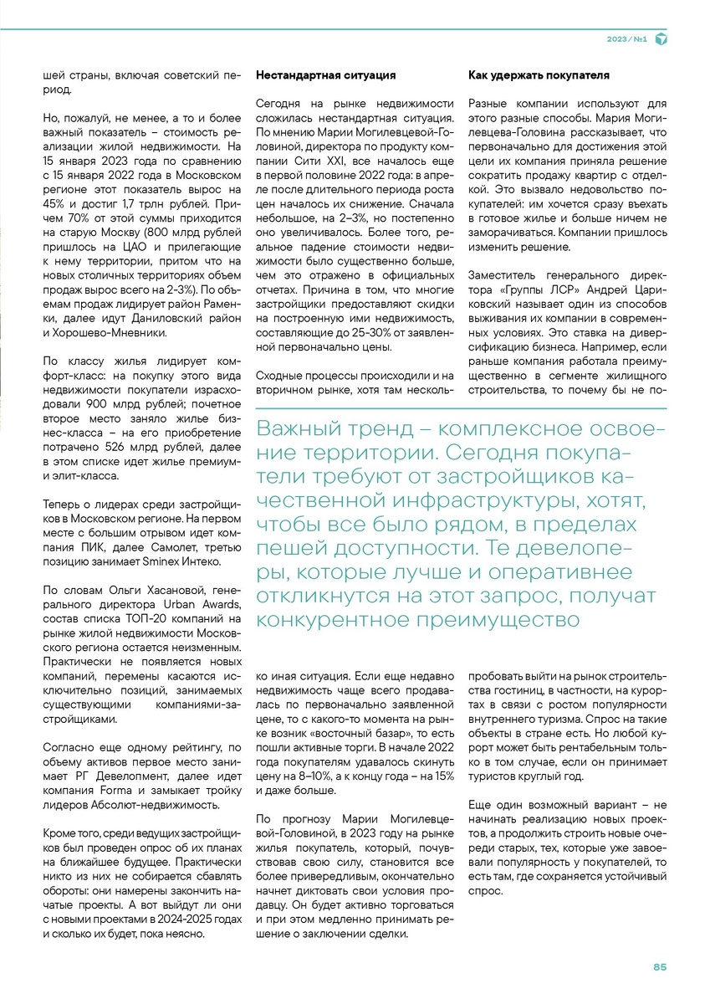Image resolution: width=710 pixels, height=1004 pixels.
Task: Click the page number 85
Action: click(660, 967)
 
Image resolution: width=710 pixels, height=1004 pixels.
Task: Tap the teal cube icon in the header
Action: click(661, 39)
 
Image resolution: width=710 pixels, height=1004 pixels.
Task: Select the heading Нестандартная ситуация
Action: click(325, 75)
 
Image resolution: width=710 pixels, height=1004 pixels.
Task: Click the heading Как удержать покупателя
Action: click(539, 75)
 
